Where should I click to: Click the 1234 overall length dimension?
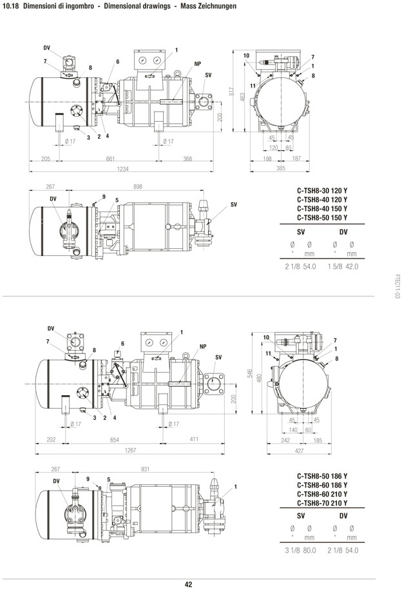(123, 169)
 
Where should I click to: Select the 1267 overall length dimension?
(131, 450)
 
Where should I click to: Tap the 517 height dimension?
(232, 92)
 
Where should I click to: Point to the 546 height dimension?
(250, 373)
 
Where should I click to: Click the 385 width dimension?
(281, 168)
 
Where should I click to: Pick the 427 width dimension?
(299, 451)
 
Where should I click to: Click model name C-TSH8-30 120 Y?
(322, 191)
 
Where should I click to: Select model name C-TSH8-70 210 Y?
(322, 503)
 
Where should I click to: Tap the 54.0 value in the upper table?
(309, 266)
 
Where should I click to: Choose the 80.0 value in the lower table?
(309, 550)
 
